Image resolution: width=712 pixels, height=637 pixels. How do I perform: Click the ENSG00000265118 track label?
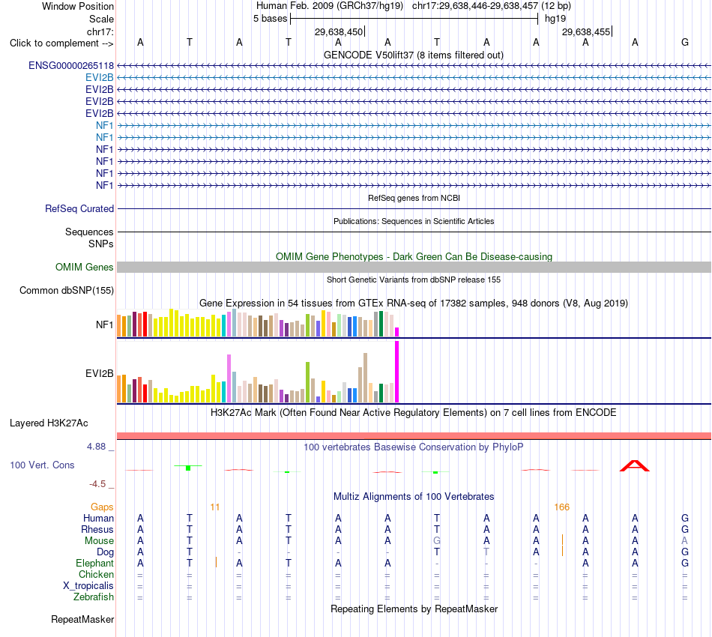(x=71, y=66)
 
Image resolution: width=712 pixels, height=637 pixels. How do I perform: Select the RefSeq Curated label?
(x=79, y=209)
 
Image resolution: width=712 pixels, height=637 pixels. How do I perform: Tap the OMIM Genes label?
(x=85, y=268)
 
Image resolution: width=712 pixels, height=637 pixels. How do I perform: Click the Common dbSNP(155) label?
(x=67, y=291)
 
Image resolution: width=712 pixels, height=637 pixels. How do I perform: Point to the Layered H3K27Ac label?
(x=49, y=423)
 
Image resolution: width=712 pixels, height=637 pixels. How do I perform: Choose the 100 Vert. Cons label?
(x=42, y=465)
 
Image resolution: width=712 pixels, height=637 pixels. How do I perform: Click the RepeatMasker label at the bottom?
(x=82, y=619)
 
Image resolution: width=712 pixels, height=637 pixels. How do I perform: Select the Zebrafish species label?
(x=94, y=597)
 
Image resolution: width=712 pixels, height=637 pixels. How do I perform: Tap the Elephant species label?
(x=95, y=564)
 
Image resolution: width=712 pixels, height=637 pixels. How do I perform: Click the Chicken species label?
(x=96, y=574)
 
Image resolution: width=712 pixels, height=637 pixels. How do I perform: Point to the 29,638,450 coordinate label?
(x=339, y=31)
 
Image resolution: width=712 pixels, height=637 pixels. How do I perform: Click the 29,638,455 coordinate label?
(x=586, y=31)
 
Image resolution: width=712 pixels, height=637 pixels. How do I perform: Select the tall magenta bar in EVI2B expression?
(x=397, y=372)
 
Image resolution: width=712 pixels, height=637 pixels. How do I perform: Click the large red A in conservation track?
(x=635, y=466)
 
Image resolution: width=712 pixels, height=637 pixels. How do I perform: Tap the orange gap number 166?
(x=561, y=507)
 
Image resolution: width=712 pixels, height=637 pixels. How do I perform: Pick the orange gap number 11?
(x=215, y=507)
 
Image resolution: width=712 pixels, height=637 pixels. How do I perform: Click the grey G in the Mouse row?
(x=437, y=541)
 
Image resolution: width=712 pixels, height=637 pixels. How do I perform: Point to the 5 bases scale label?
(x=270, y=19)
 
